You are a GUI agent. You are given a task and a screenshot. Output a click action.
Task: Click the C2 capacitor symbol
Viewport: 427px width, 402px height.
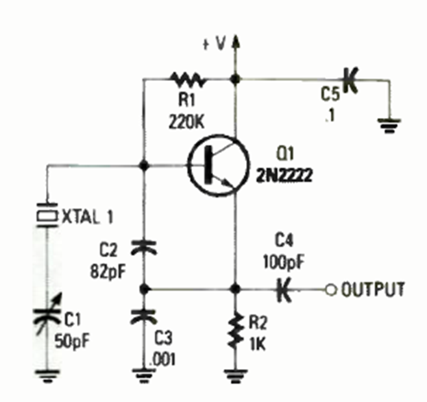click(x=144, y=248)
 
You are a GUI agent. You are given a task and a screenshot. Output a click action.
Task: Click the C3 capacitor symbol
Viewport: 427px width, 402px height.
click(x=144, y=316)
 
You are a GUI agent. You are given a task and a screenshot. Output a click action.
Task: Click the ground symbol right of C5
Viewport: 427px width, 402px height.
click(x=388, y=123)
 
